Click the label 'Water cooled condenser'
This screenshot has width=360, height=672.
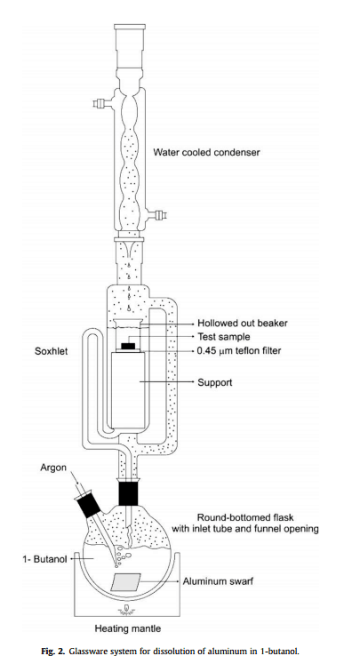pyautogui.click(x=206, y=152)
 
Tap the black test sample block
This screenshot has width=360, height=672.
pyautogui.click(x=129, y=347)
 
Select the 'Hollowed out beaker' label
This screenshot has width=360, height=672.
pyautogui.click(x=242, y=324)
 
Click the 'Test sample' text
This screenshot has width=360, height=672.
pyautogui.click(x=223, y=337)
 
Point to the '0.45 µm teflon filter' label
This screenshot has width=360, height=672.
pyautogui.click(x=239, y=351)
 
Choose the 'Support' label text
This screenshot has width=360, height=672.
pyautogui.click(x=215, y=381)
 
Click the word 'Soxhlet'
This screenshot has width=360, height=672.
pyautogui.click(x=51, y=351)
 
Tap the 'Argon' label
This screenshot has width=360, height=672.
pyautogui.click(x=53, y=468)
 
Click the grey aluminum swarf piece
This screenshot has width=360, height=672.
pyautogui.click(x=125, y=582)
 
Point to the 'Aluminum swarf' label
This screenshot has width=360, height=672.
pyautogui.click(x=218, y=581)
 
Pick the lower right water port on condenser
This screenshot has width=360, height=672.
pyautogui.click(x=156, y=213)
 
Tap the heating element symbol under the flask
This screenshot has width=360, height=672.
pyautogui.click(x=127, y=610)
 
